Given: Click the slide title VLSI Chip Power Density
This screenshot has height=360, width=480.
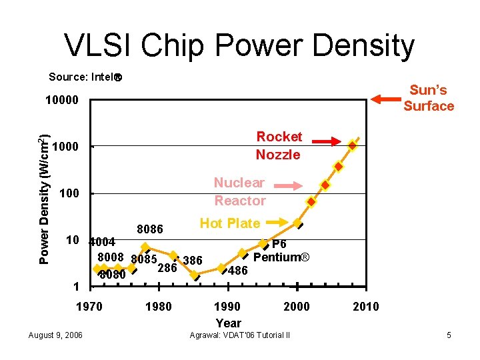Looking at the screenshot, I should pos(239,45).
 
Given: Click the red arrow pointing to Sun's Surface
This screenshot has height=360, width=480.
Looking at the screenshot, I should pos(384,99).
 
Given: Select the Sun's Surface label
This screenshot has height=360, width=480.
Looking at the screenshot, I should pos(428,98).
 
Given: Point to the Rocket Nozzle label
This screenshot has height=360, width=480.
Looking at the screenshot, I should pos(279,145).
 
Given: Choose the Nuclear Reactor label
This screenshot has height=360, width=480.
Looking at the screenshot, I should pos(239,191).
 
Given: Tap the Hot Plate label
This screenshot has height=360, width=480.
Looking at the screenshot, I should pos(230,223).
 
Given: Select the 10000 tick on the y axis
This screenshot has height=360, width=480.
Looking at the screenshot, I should pos(61,101).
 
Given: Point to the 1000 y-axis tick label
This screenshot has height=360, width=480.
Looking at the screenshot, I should pos(65,147).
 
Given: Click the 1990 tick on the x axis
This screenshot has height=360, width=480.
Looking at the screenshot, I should pos(228,307).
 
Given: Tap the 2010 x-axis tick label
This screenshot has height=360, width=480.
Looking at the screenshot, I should pos(365,307).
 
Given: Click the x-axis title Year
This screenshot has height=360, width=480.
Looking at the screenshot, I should pos(228,323).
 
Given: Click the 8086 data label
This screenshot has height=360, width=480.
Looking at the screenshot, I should pos(150,229).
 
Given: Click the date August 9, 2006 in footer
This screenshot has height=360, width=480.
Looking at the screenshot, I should pos(56,335).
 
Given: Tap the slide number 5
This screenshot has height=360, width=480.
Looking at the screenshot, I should pos(449,335).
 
